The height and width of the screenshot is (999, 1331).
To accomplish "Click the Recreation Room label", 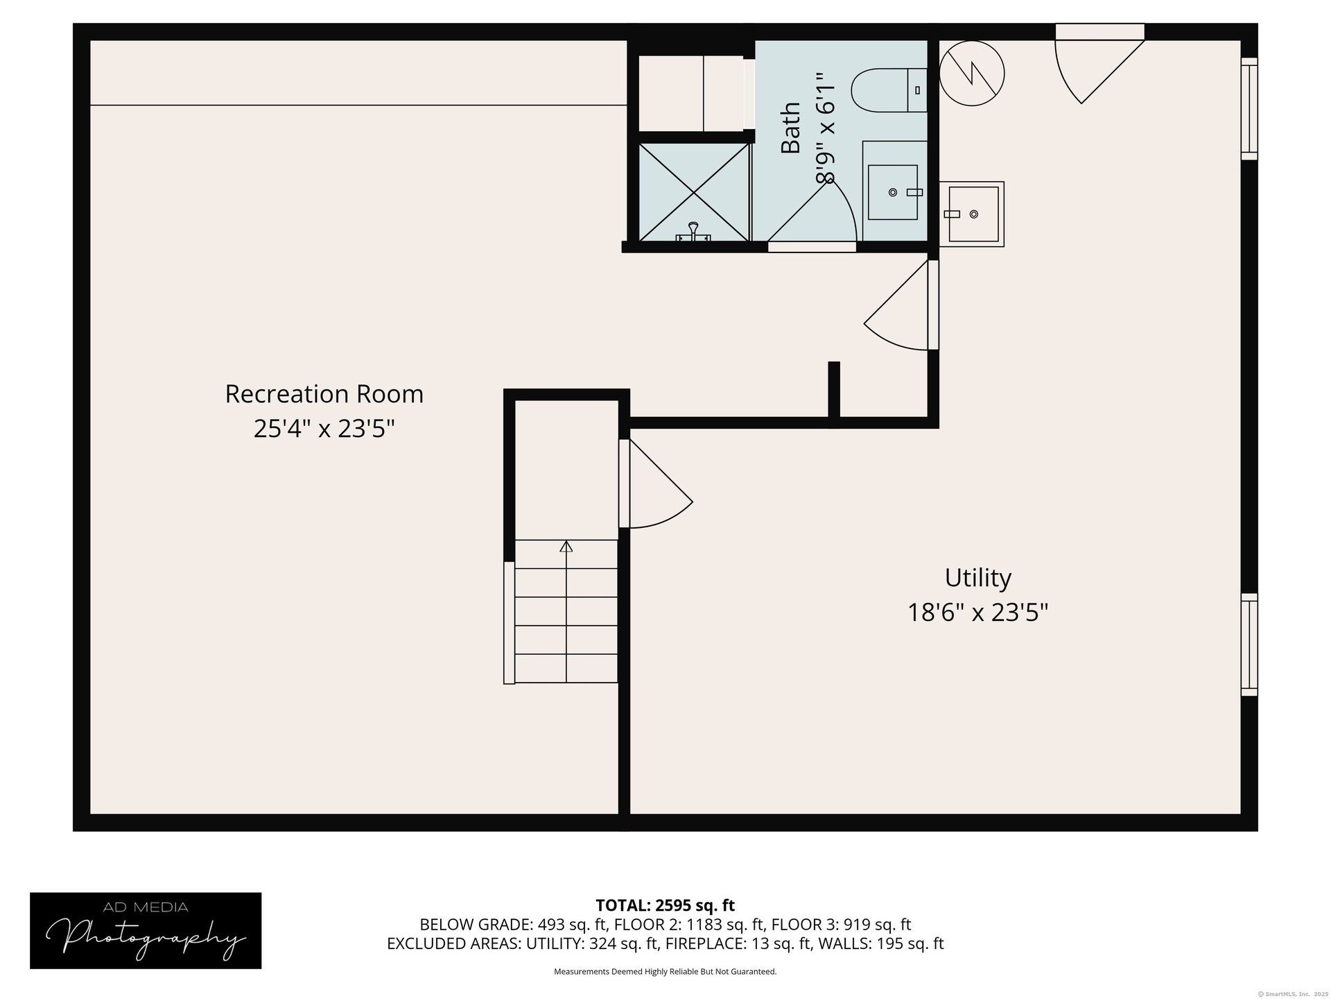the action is (324, 394).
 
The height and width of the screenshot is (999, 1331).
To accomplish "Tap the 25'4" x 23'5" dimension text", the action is (324, 429).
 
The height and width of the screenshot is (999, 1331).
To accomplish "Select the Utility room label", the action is (977, 578).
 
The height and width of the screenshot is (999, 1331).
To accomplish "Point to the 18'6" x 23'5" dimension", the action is (977, 613).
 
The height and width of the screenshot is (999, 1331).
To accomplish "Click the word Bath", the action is (791, 128).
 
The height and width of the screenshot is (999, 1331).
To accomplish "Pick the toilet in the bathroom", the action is (889, 90).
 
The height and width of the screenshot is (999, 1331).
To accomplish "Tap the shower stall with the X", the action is (694, 192).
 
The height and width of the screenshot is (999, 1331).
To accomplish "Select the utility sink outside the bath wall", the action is (972, 214).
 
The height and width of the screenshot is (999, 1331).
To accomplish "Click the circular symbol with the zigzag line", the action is (972, 73).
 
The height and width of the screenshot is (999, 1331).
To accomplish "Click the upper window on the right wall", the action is (1249, 109).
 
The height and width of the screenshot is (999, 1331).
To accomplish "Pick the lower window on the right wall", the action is (1249, 644).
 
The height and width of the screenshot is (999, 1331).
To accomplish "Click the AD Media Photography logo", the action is (146, 930).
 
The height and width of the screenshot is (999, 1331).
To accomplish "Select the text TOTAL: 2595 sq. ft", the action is (665, 905).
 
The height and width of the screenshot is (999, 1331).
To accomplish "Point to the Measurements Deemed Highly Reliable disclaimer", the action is (665, 972).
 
